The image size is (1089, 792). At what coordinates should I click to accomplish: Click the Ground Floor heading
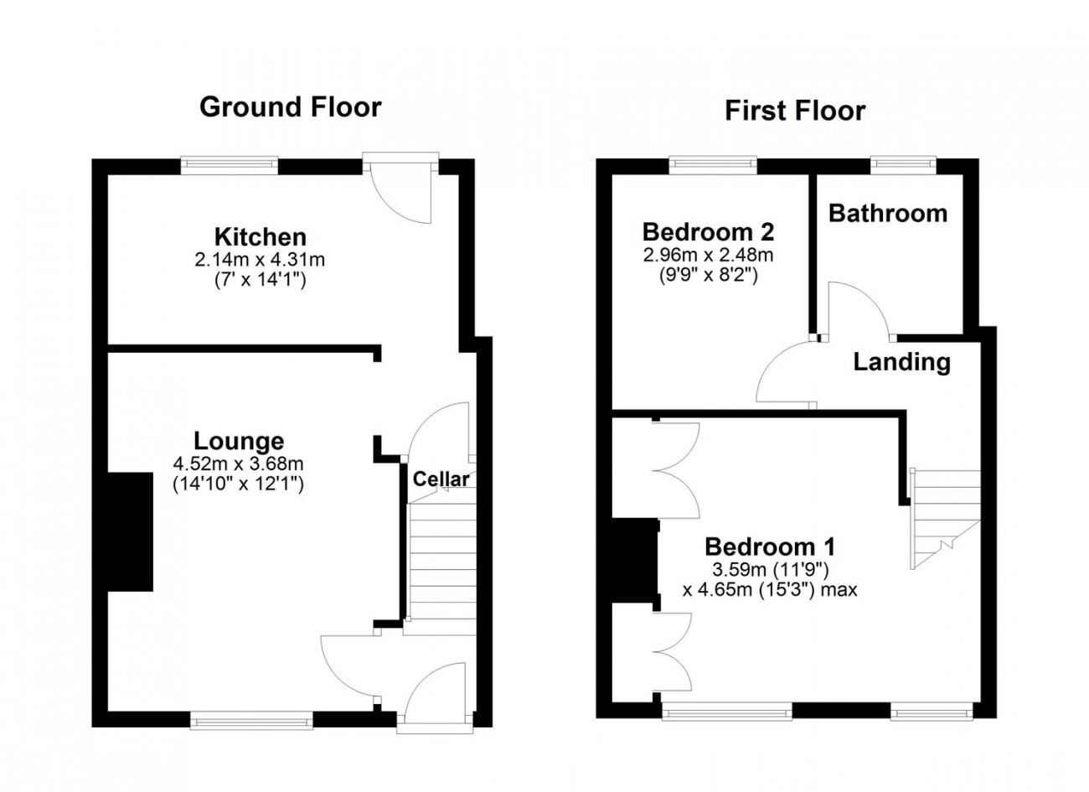coord(290,107)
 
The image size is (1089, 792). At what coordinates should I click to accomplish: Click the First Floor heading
coord(795,111)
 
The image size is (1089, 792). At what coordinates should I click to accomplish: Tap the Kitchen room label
coord(261,237)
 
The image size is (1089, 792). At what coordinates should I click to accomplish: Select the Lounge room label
coord(239,441)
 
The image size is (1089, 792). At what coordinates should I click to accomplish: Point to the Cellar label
coord(441,479)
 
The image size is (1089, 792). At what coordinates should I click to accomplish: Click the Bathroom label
coord(888,214)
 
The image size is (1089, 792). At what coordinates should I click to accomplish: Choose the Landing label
coord(902,362)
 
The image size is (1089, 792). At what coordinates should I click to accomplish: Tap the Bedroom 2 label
coord(708,232)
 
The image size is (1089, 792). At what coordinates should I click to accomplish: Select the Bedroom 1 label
coord(770,546)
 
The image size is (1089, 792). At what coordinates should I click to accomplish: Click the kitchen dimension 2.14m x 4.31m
coord(260,261)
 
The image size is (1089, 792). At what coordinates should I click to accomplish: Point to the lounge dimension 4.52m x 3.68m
coord(238,463)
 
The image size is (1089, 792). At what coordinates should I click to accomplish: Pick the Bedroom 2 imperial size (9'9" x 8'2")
coord(709,277)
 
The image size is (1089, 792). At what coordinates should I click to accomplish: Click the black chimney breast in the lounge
coord(130,531)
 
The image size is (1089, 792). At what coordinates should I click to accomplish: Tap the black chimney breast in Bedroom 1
coord(634,561)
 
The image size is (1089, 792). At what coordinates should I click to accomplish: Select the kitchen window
coord(230,165)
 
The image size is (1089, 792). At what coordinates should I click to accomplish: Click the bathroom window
coord(903,164)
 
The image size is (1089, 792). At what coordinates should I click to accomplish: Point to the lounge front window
coord(251,720)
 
